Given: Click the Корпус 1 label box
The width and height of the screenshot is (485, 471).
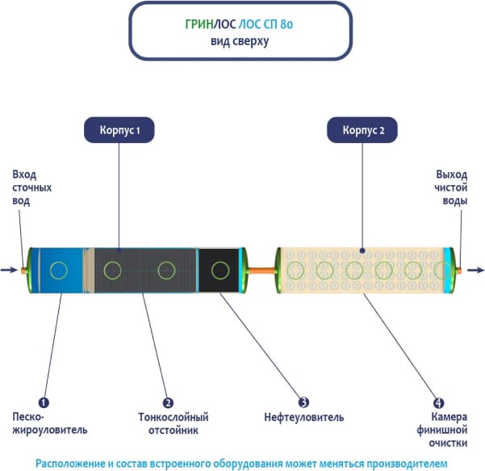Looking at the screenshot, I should pos(119,129).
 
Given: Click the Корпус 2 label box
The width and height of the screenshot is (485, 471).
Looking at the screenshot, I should pos(362,129).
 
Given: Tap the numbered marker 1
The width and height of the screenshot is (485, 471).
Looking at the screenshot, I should pos(44,402).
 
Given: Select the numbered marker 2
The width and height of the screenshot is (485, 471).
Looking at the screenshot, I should pos(168,402).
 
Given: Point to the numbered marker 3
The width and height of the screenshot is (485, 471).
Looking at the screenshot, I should pos(303,402).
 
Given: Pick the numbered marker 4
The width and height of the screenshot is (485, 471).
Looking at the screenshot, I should pos(438,402).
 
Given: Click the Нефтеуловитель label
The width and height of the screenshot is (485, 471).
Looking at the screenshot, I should pos(303,418).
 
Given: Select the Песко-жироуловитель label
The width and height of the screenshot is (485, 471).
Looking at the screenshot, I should pos(49,423).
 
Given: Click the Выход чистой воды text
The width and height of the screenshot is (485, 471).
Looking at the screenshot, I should pos(451,187).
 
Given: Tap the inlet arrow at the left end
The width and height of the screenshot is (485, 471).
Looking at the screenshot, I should pos(9,271).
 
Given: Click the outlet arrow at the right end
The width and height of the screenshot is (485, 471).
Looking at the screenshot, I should pos(475,271).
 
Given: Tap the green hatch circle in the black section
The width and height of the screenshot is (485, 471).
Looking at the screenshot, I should pos(218,270).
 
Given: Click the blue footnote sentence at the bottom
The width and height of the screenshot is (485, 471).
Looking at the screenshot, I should pos(240,462).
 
